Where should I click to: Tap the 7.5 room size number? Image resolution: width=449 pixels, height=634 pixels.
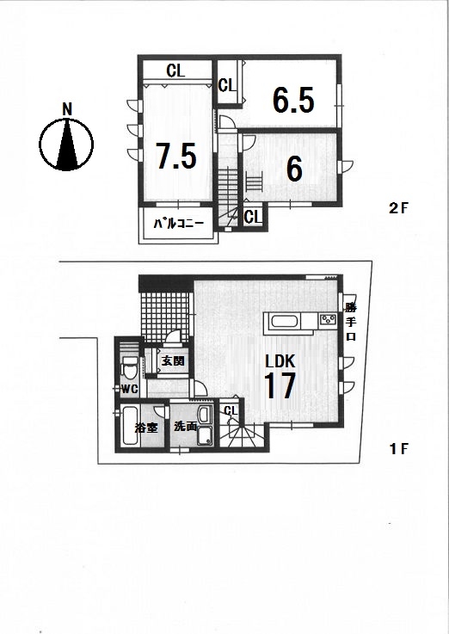176,156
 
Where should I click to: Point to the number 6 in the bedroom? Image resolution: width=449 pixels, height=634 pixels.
294,169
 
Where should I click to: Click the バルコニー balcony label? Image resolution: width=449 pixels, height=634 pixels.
178,224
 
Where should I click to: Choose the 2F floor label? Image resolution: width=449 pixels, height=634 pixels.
399,209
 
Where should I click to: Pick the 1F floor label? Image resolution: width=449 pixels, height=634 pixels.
399,449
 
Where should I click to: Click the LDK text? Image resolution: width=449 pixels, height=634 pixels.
280,360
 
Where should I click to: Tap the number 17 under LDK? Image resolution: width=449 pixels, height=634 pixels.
280,385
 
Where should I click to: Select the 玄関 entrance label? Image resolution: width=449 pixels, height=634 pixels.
173,360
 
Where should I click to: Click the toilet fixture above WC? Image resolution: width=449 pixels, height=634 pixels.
129,367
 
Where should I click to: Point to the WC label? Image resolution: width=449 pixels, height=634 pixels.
130,390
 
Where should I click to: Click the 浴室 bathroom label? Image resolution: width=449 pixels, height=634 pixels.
146,428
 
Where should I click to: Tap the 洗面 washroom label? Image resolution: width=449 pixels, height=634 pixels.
185,426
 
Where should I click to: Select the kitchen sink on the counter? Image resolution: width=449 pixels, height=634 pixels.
286,323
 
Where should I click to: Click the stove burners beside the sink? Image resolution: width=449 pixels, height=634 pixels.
329,320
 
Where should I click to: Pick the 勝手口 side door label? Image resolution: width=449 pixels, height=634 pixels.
351,323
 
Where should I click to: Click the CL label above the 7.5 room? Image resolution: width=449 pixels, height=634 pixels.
175,71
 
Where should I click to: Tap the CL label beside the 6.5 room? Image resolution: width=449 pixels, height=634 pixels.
226,85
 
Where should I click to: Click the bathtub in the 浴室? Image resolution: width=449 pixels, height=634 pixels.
129,427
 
